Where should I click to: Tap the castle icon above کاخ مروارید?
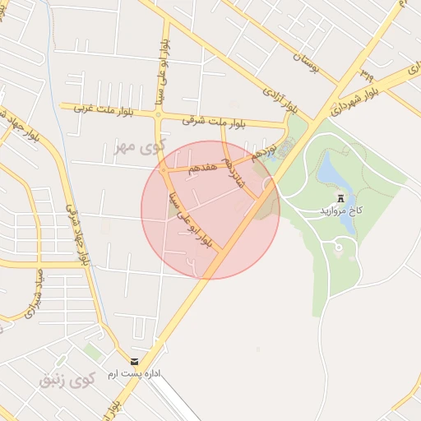(340, 198)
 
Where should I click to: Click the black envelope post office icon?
(135, 362)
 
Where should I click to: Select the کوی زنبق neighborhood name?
(67, 380)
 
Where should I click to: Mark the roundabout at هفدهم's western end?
(164, 171)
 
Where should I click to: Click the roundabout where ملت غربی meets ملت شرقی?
(159, 115)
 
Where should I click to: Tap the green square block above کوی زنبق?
(94, 352)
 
